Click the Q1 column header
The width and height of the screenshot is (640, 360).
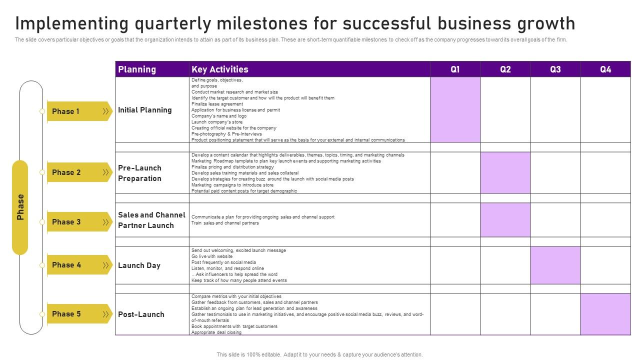[x=455, y=69]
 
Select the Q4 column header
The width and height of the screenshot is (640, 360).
[x=605, y=69]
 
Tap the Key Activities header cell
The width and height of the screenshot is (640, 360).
[x=220, y=69]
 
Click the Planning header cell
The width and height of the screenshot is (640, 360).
[x=137, y=69]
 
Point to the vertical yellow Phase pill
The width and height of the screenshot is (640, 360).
[x=20, y=207]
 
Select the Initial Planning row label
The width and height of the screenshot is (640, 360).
[x=145, y=110]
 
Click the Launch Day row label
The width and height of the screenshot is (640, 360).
[x=139, y=265]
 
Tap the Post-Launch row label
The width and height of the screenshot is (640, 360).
[x=141, y=314]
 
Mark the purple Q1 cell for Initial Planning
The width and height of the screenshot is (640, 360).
[x=455, y=109]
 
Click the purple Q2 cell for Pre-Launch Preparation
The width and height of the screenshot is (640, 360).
[x=505, y=172]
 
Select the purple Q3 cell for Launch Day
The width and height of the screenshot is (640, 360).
[x=555, y=265]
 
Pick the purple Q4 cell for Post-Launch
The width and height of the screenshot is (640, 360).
[x=605, y=314]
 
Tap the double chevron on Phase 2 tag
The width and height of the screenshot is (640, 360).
[x=105, y=172]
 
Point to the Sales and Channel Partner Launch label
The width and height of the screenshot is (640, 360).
[x=151, y=220]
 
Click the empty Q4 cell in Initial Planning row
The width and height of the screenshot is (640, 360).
[x=605, y=109]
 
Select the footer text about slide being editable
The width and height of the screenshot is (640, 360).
[x=319, y=354]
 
